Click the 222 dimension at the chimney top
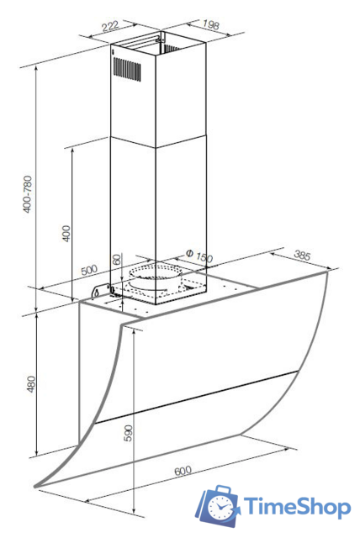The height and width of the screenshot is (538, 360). [x=110, y=26]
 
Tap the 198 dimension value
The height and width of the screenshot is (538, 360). [x=211, y=24]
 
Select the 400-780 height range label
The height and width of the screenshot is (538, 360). [x=28, y=194]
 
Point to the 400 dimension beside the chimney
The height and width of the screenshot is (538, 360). [x=66, y=234]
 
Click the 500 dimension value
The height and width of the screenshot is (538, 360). [x=89, y=270]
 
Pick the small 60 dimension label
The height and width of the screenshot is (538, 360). [x=117, y=260]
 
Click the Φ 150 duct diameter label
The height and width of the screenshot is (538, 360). [x=199, y=256]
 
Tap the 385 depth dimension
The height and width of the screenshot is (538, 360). [x=302, y=256]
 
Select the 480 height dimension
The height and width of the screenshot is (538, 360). [x=31, y=384]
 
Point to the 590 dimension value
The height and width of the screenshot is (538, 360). [x=128, y=434]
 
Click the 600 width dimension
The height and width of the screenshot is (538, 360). [x=183, y=471]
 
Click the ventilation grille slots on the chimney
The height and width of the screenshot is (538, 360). [x=127, y=69]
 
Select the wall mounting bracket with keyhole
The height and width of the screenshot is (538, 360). [x=102, y=290]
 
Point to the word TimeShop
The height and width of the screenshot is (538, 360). [x=297, y=506]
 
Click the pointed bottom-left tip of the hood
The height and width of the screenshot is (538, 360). [x=34, y=486]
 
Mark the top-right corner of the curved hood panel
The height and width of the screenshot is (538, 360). [x=326, y=272]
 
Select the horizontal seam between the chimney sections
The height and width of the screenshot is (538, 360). [x=158, y=142]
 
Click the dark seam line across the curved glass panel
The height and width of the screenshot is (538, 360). [x=197, y=397]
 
